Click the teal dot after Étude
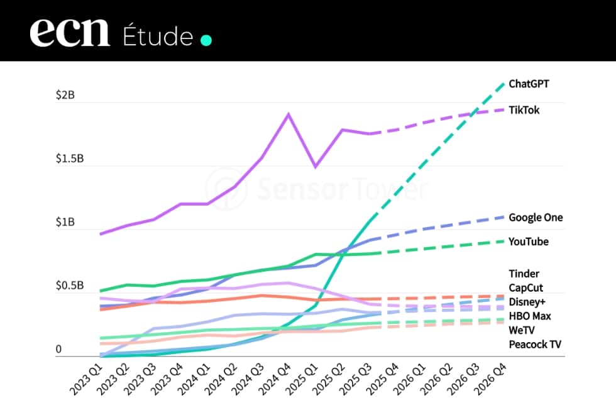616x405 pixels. click(x=206, y=40)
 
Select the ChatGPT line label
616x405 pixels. click(x=529, y=84)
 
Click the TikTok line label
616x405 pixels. click(x=524, y=110)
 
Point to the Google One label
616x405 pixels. click(x=536, y=218)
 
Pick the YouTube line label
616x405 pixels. click(x=528, y=241)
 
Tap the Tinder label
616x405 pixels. click(x=524, y=274)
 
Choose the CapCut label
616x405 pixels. click(x=525, y=288)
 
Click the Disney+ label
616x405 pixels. click(x=527, y=302)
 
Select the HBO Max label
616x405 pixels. click(x=529, y=316)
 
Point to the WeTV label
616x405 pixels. click(x=522, y=330)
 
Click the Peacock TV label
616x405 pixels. click(x=534, y=344)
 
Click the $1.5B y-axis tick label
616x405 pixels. click(x=69, y=158)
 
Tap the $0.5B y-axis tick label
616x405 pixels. click(x=69, y=286)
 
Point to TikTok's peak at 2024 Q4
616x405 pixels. click(x=289, y=114)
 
